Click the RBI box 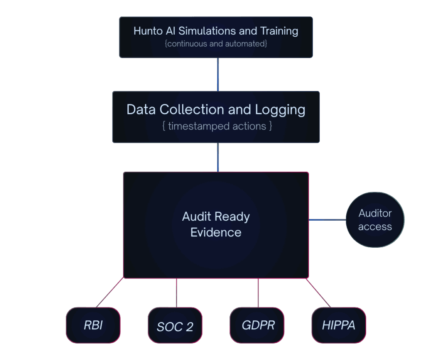pyautogui.click(x=93, y=325)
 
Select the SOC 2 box pyautogui.click(x=175, y=325)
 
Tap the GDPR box pyautogui.click(x=257, y=325)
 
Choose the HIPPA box pyautogui.click(x=338, y=325)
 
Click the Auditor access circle pyautogui.click(x=375, y=220)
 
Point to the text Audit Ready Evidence pyautogui.click(x=216, y=225)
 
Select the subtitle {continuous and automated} pyautogui.click(x=216, y=43)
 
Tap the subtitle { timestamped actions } pyautogui.click(x=216, y=126)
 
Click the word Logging pyautogui.click(x=280, y=109)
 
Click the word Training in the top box pyautogui.click(x=278, y=31)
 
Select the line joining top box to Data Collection pyautogui.click(x=218, y=74)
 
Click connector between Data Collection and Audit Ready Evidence pyautogui.click(x=218, y=157)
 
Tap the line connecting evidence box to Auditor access pyautogui.click(x=327, y=220)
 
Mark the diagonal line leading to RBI pyautogui.click(x=110, y=292)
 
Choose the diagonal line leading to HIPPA pyautogui.click(x=319, y=292)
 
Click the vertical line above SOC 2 pyautogui.click(x=176, y=292)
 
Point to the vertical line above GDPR pyautogui.click(x=258, y=292)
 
